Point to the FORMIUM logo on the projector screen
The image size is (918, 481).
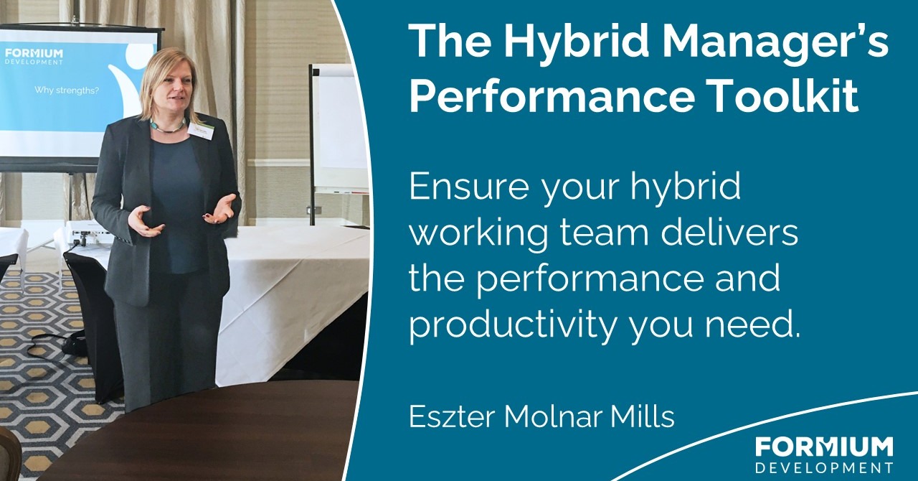tap(34, 55)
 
